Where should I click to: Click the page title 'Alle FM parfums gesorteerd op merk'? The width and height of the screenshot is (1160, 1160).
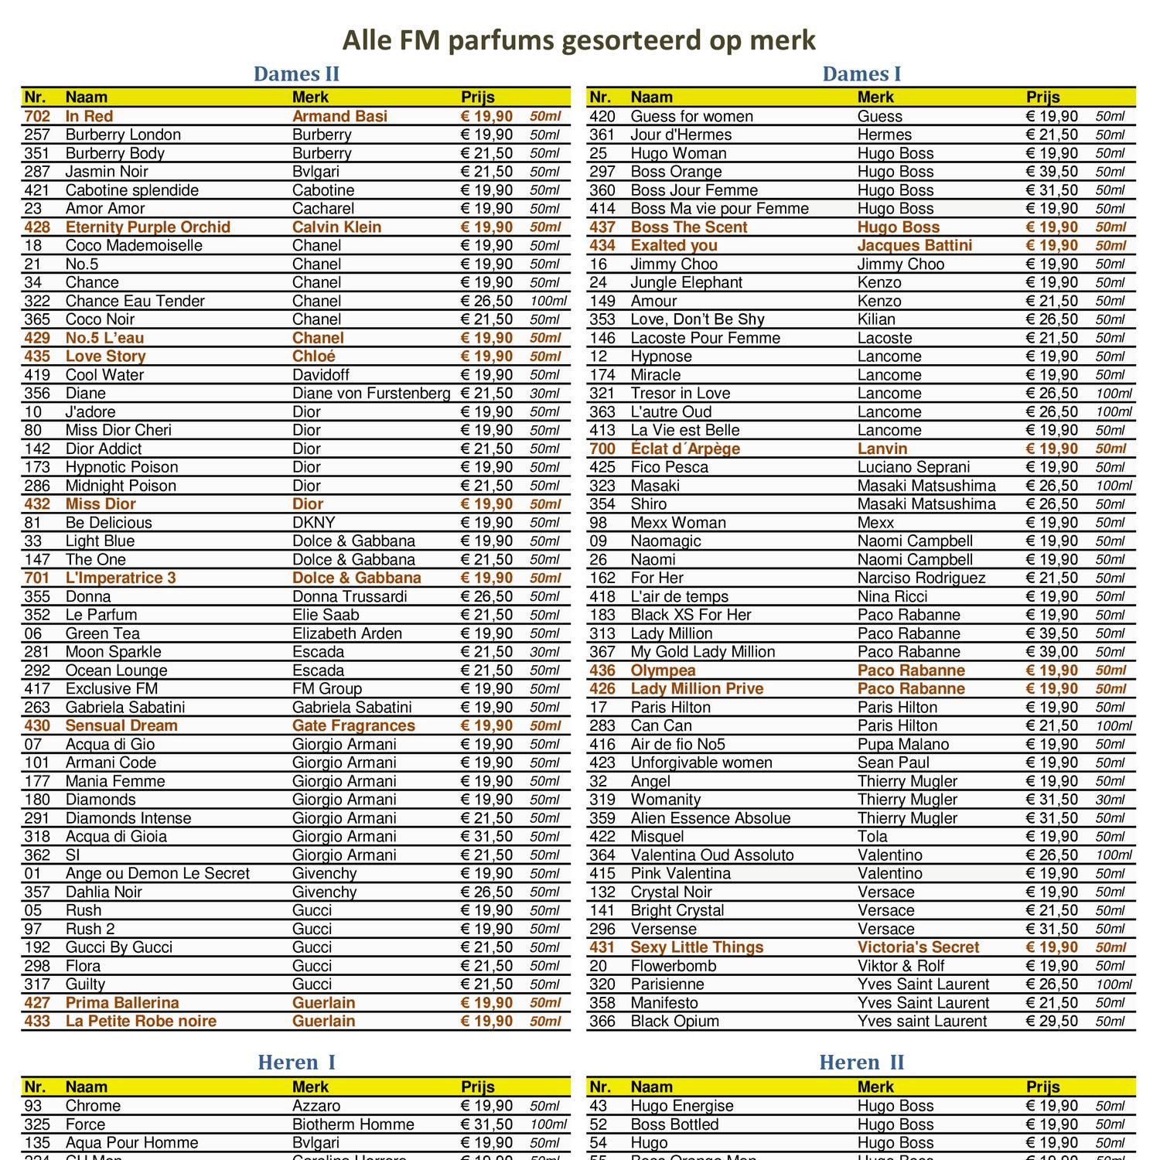coord(578,40)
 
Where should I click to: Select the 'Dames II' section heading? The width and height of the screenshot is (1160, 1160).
coord(296,74)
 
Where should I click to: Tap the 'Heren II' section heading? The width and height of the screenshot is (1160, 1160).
coord(861,1063)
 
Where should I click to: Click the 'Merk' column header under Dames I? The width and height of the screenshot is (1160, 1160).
coord(875,97)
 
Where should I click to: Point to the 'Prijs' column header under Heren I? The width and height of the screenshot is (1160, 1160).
coord(477,1087)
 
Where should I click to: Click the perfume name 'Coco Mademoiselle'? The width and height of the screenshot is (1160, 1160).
coord(134,246)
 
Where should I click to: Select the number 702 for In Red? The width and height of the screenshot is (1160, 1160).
coord(37,117)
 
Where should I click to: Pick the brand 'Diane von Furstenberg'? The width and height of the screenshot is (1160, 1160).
coord(371,394)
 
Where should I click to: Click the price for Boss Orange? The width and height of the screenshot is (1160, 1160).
coord(1052,172)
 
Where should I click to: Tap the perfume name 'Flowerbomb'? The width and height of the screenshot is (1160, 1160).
coord(674,966)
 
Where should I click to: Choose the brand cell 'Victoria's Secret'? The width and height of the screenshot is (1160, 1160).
coord(918,947)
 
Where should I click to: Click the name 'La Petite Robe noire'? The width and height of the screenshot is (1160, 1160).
coord(141,1021)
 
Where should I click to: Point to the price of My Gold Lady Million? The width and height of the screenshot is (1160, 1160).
coord(1052,652)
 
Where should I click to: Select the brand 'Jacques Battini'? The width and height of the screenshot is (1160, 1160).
coord(914,246)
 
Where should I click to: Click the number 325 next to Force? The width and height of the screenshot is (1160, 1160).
coord(37,1124)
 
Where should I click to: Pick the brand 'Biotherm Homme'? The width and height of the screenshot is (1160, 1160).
coord(353,1124)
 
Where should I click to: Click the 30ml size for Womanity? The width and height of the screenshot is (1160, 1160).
coord(1110,800)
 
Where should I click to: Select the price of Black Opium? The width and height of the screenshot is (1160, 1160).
coord(1052,1021)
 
